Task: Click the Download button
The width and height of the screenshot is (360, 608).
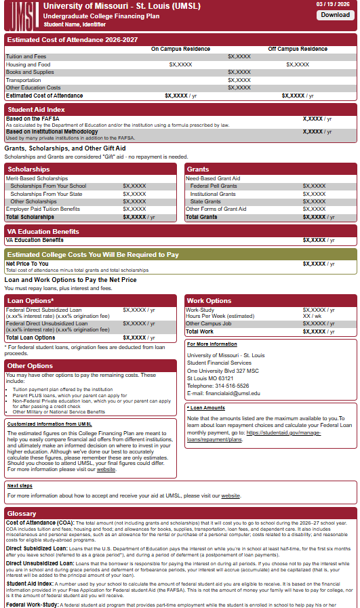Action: click(335, 15)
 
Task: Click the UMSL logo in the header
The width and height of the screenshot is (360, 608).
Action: click(20, 14)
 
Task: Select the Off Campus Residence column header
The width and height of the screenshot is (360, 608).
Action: click(297, 49)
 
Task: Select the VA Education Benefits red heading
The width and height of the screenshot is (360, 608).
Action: click(42, 231)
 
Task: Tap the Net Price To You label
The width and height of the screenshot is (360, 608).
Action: click(26, 264)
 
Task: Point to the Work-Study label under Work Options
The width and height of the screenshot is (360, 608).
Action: click(200, 310)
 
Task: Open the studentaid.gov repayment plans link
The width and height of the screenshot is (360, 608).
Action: click(283, 435)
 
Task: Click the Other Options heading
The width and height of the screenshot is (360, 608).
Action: click(30, 366)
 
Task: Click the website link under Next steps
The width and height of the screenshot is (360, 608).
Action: click(231, 495)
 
